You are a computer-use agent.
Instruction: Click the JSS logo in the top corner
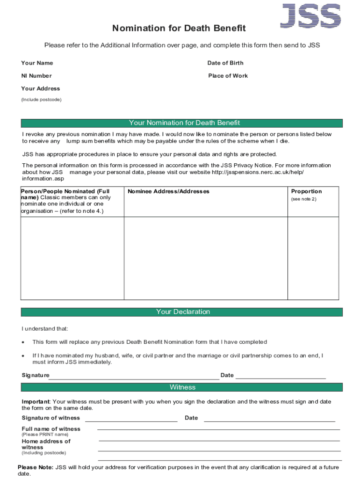click(310, 15)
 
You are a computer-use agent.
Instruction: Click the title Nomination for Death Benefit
click(179, 29)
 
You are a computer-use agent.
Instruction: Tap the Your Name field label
click(37, 63)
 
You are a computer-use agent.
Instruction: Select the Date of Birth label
click(225, 63)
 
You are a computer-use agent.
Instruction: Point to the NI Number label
click(36, 76)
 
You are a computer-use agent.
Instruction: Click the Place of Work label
click(228, 76)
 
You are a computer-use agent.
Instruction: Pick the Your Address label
click(41, 88)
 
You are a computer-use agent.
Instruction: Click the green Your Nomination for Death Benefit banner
click(182, 123)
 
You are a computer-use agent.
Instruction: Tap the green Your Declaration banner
click(182, 312)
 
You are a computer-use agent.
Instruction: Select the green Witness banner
click(182, 387)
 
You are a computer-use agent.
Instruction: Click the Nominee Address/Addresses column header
click(168, 191)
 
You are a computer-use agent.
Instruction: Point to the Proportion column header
click(306, 191)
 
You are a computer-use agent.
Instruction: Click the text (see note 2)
click(303, 199)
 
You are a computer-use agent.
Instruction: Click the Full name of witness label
click(51, 429)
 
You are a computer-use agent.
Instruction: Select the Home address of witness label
click(46, 444)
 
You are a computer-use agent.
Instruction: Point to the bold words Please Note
click(36, 467)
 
